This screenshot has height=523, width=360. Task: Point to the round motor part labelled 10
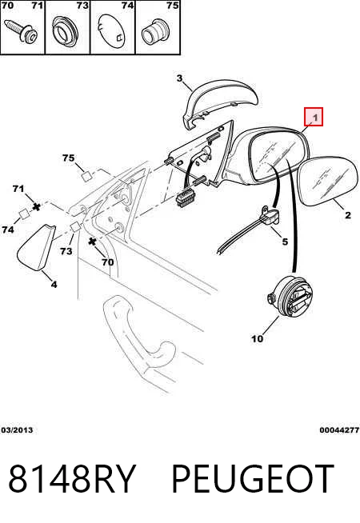pos(291,297)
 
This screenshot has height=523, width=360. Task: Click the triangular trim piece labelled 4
pos(35,247)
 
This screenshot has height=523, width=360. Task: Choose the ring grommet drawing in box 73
pos(66,30)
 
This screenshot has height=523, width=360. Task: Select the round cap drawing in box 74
pos(113,33)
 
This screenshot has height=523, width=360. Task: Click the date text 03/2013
pos(18,430)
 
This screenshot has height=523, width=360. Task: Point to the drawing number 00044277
pos(339,430)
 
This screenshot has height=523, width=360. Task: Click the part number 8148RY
pos(72,479)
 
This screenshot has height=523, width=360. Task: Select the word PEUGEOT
pos(252,479)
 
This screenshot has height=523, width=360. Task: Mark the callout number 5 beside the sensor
pos(285,242)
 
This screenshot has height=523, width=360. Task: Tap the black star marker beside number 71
pos(36,207)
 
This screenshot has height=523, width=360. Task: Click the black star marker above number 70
pos(92,242)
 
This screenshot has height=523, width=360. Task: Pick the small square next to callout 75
pos(87,176)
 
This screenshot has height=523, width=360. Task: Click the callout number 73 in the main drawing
pos(66,251)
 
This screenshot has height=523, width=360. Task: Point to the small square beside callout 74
pos(24,214)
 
